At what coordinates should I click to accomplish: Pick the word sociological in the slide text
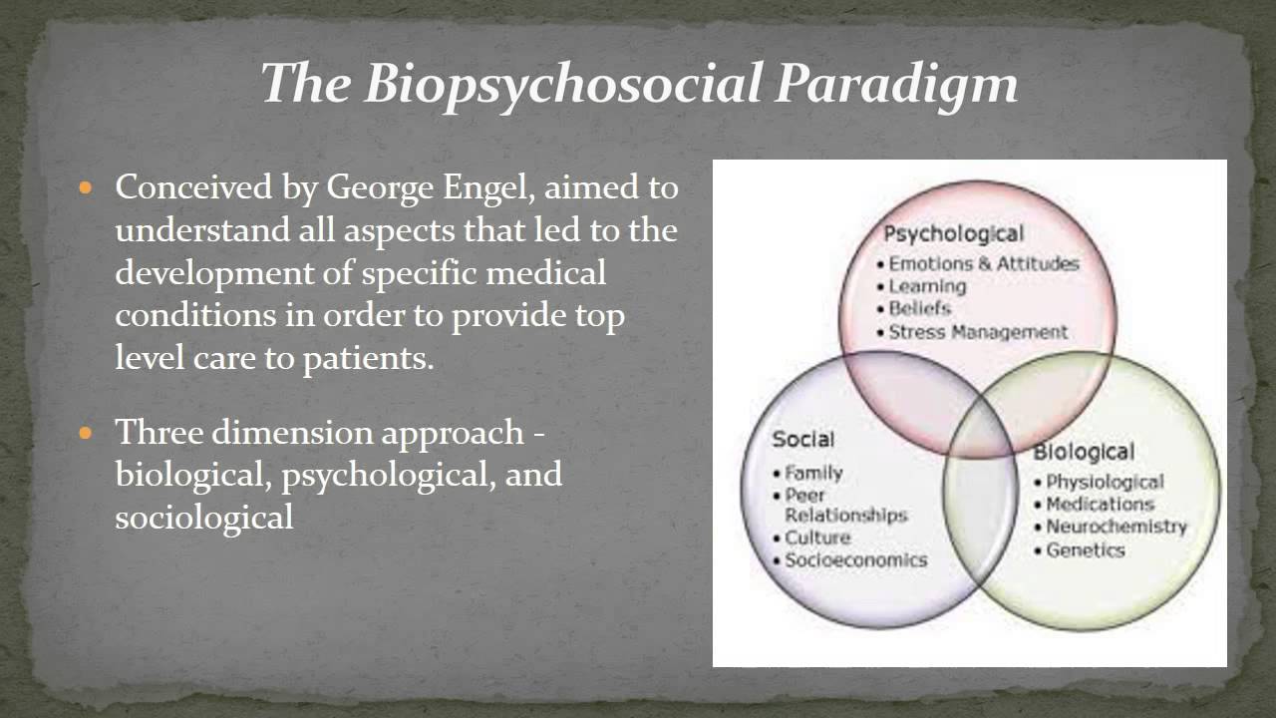pyautogui.click(x=204, y=518)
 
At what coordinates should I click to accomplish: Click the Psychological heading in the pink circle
pyautogui.click(x=953, y=234)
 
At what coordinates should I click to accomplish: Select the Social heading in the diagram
pyautogui.click(x=802, y=439)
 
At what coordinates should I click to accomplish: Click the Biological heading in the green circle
pyautogui.click(x=1083, y=453)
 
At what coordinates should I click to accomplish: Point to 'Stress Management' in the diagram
pyautogui.click(x=977, y=332)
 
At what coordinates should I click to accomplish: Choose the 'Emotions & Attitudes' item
pyautogui.click(x=983, y=264)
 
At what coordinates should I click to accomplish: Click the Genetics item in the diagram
pyautogui.click(x=1085, y=549)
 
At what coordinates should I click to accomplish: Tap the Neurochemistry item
pyautogui.click(x=1116, y=527)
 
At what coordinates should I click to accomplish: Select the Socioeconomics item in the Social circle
pyautogui.click(x=855, y=560)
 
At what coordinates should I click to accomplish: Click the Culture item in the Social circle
pyautogui.click(x=817, y=538)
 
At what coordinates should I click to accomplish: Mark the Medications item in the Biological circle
pyautogui.click(x=1099, y=505)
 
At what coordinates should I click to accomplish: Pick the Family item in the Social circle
pyautogui.click(x=813, y=473)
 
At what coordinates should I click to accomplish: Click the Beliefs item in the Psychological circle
pyautogui.click(x=919, y=309)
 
